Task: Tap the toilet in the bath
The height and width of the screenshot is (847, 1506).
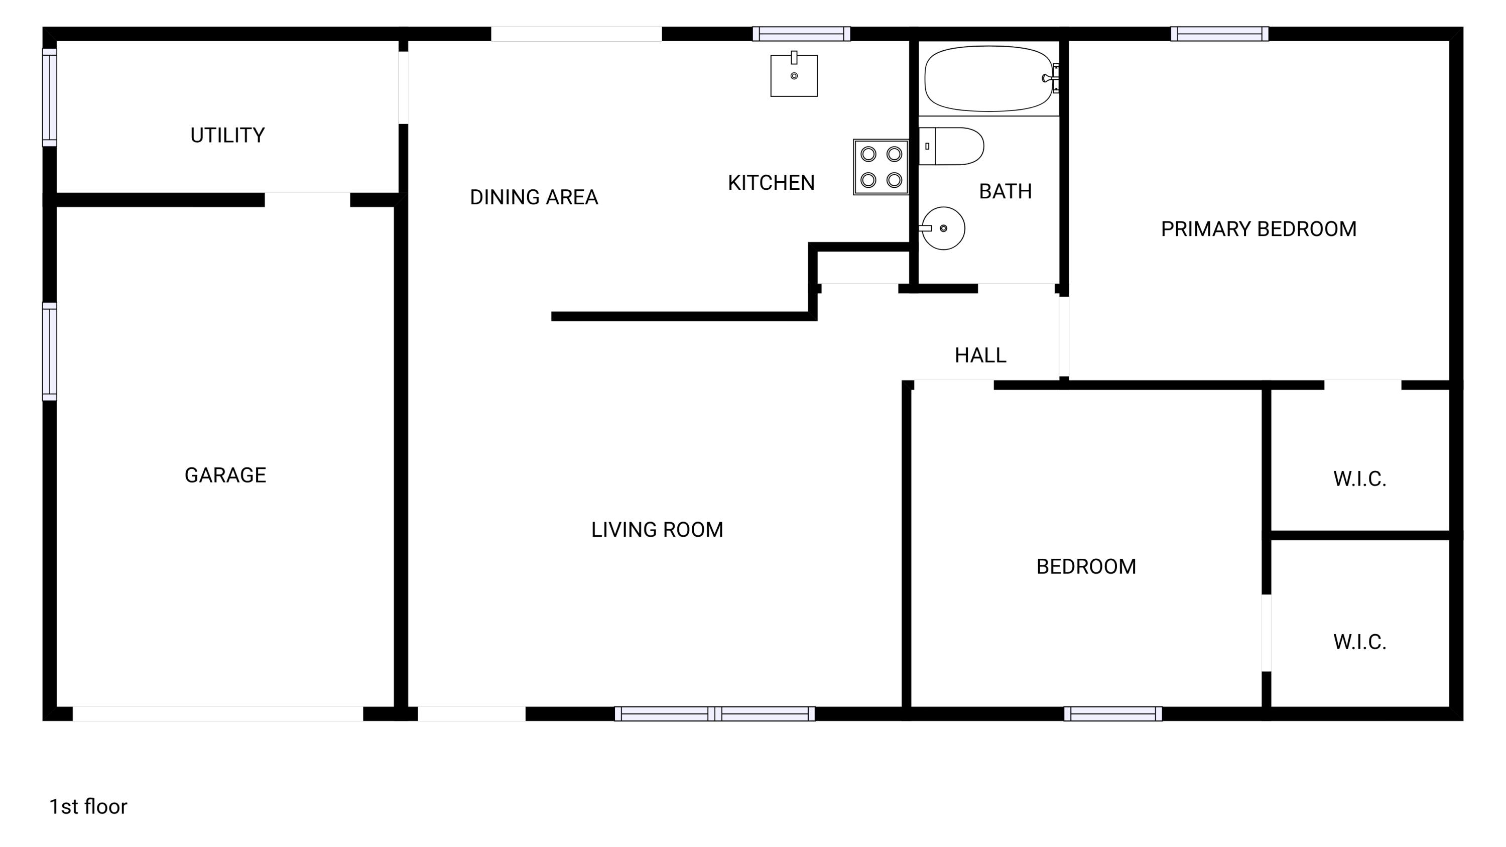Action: point(952,146)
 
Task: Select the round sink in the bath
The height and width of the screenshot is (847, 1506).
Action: point(942,228)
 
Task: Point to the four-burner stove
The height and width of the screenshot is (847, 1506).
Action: point(881,167)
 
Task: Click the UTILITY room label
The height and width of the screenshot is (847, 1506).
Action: point(227,135)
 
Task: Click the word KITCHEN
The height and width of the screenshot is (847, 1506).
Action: point(771,183)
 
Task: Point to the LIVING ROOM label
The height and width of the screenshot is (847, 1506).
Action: point(657,530)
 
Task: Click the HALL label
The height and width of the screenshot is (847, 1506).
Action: point(980,355)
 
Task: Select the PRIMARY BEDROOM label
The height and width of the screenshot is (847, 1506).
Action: point(1258,229)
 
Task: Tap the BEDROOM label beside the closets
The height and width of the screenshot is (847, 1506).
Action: point(1086,566)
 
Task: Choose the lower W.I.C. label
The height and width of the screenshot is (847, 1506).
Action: point(1359,642)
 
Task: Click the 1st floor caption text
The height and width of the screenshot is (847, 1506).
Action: point(88,807)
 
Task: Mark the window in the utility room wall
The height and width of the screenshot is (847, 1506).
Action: point(50,97)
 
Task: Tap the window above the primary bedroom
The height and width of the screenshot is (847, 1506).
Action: point(1219,34)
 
